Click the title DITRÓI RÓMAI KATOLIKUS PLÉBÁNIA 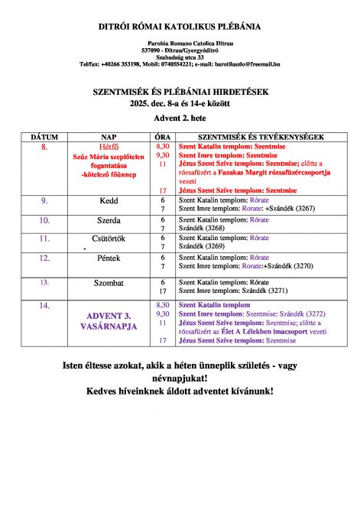pos(180,27)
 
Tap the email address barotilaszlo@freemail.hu pos(242,64)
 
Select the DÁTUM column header pos(44,137)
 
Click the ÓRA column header pos(162,137)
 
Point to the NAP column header pos(109,137)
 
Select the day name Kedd pos(109,200)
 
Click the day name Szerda pos(109,220)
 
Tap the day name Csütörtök pos(109,239)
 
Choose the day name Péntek pos(109,258)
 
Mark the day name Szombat pos(109,283)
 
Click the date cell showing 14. pos(44,305)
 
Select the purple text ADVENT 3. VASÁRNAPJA pos(109,320)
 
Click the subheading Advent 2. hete pos(180,116)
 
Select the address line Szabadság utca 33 pos(180,57)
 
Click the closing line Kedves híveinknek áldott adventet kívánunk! pos(180,391)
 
